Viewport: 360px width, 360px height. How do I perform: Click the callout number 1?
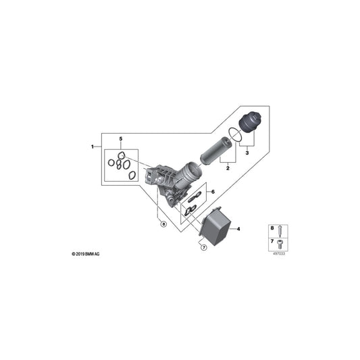pos(93,147)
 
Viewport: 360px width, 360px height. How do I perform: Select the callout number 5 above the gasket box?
pos(121,138)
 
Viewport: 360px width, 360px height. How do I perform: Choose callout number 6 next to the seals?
pos(212,192)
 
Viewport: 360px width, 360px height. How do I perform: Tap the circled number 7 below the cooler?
pos(202,247)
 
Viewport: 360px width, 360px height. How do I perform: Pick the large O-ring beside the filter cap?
pos(234,135)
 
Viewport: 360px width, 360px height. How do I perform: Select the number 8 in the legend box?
pos(272,228)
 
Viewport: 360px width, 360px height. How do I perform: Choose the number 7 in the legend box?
pos(272,241)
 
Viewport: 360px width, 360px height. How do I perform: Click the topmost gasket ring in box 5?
pos(121,156)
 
